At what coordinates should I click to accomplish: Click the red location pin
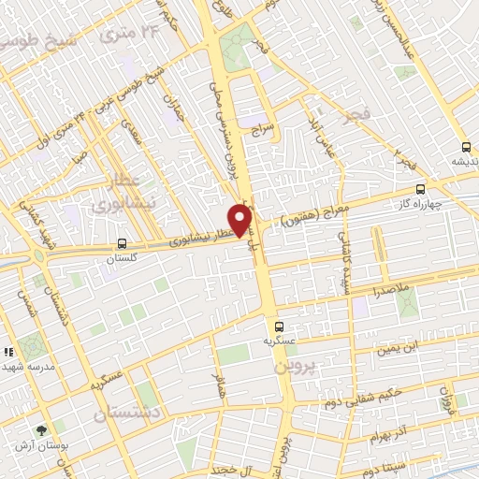(240, 220)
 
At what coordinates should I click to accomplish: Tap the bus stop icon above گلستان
(123, 243)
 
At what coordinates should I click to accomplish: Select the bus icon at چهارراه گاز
(420, 187)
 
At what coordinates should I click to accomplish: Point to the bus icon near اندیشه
(466, 146)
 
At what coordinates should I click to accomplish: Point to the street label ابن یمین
(396, 350)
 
